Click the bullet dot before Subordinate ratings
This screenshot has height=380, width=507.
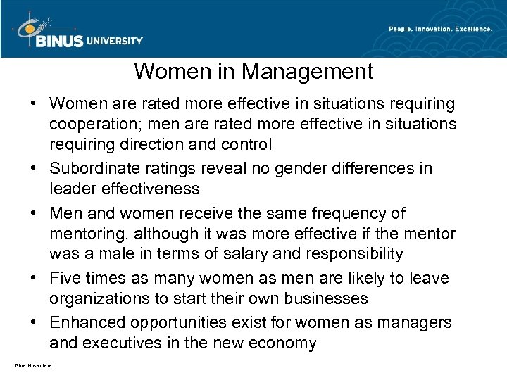pyautogui.click(x=33, y=169)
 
